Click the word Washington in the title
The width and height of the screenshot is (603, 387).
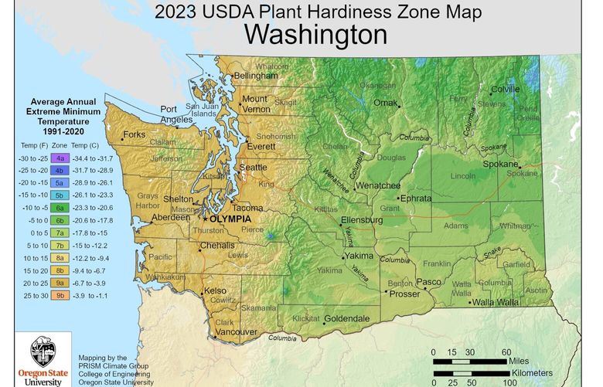pyautogui.click(x=315, y=35)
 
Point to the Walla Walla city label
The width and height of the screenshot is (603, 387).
pyautogui.click(x=496, y=302)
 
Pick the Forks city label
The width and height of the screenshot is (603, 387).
pyautogui.click(x=134, y=134)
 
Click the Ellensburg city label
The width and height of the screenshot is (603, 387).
pyautogui.click(x=361, y=220)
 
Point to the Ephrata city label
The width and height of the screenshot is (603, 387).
pyautogui.click(x=415, y=198)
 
